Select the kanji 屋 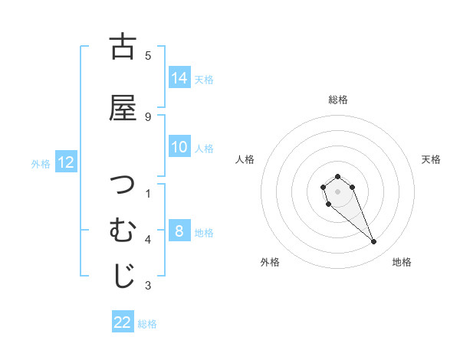click(123, 107)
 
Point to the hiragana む click(123, 229)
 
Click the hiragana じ click(123, 276)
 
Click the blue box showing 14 click(179, 78)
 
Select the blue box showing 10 click(179, 147)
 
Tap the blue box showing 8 click(179, 231)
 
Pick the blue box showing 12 click(65, 162)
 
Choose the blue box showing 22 click(123, 323)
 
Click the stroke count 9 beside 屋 click(148, 116)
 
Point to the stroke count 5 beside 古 click(148, 55)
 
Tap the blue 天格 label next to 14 click(204, 79)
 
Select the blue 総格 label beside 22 click(147, 324)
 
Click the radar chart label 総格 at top click(338, 100)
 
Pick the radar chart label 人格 click(245, 159)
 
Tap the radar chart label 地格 click(402, 262)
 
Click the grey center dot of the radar click(338, 191)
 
